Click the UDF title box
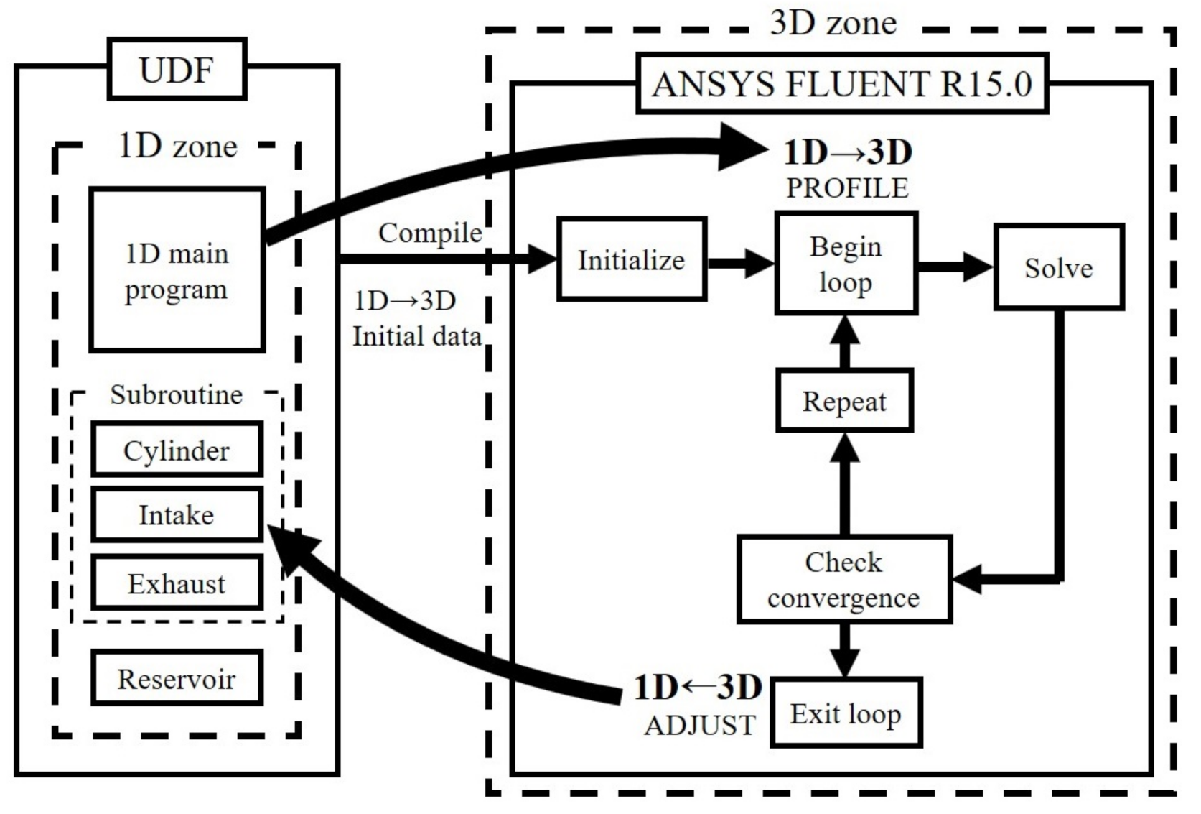[x=177, y=70]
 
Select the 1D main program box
[x=177, y=270]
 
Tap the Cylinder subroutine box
[x=177, y=450]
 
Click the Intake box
[x=177, y=514]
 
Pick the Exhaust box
[x=177, y=583]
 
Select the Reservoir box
[x=177, y=677]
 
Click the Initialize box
[x=631, y=259]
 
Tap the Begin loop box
[x=846, y=264]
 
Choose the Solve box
[x=1058, y=267]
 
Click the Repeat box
[x=844, y=401]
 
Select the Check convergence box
[x=843, y=579]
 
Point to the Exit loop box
[x=846, y=713]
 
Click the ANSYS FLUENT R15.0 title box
[x=841, y=84]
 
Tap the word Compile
[x=429, y=233]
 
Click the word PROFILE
[x=847, y=188]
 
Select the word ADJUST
[x=700, y=725]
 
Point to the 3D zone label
[x=833, y=23]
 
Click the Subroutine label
[x=176, y=394]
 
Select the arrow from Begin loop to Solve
[x=955, y=267]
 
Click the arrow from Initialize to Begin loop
[x=739, y=263]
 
